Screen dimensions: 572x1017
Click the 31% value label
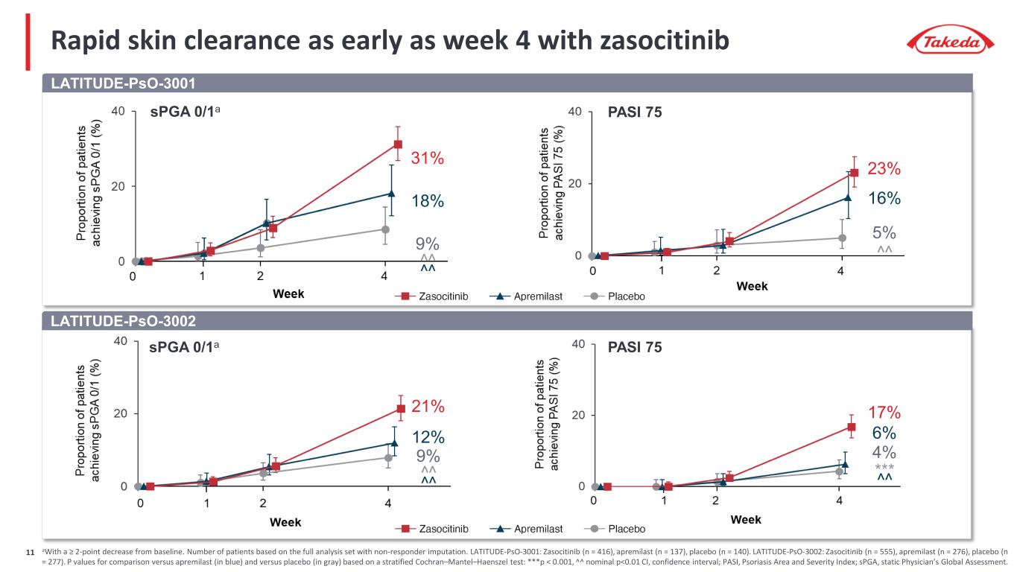tap(428, 158)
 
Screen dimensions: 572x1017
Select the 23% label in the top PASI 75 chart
tap(884, 169)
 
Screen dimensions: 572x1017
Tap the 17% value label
tap(884, 412)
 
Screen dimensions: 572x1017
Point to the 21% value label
tap(428, 407)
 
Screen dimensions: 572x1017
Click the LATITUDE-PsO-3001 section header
tap(122, 83)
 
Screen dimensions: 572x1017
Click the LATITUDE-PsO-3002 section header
tap(122, 321)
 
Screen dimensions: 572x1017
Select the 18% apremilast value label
tap(428, 201)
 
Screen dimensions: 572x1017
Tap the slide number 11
tap(31, 553)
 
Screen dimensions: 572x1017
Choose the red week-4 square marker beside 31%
tap(398, 144)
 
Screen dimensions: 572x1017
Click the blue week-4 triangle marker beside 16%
tap(848, 197)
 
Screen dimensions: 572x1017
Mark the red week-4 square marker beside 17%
tap(851, 427)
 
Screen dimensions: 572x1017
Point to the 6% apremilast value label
tap(884, 433)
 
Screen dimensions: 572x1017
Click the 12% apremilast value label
tap(428, 436)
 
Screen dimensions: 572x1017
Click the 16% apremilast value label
tap(884, 198)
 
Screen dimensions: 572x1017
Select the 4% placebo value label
tap(884, 452)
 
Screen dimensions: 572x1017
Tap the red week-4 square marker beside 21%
tap(401, 408)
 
